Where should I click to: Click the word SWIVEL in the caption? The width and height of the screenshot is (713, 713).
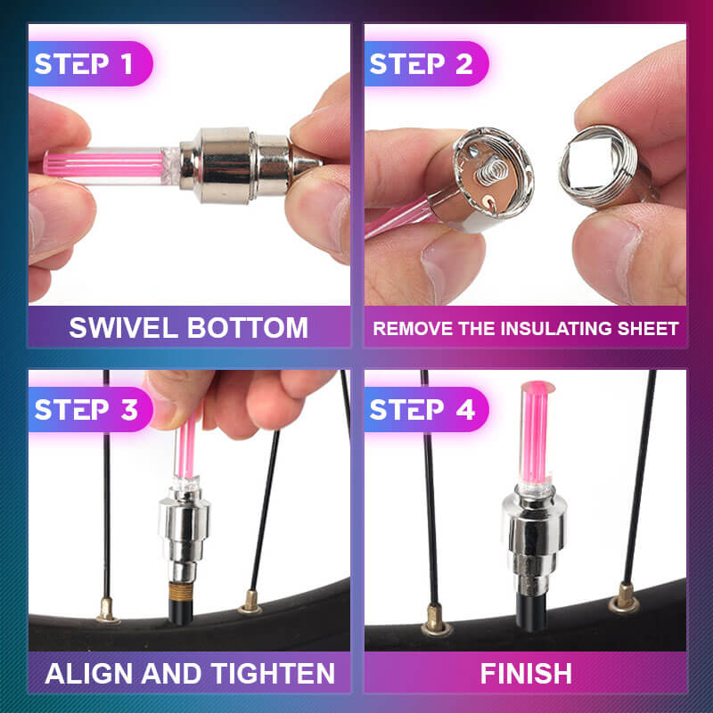pos(122,327)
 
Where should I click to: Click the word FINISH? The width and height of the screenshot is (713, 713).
pos(526,673)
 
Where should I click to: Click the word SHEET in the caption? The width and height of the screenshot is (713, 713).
pos(645,328)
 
